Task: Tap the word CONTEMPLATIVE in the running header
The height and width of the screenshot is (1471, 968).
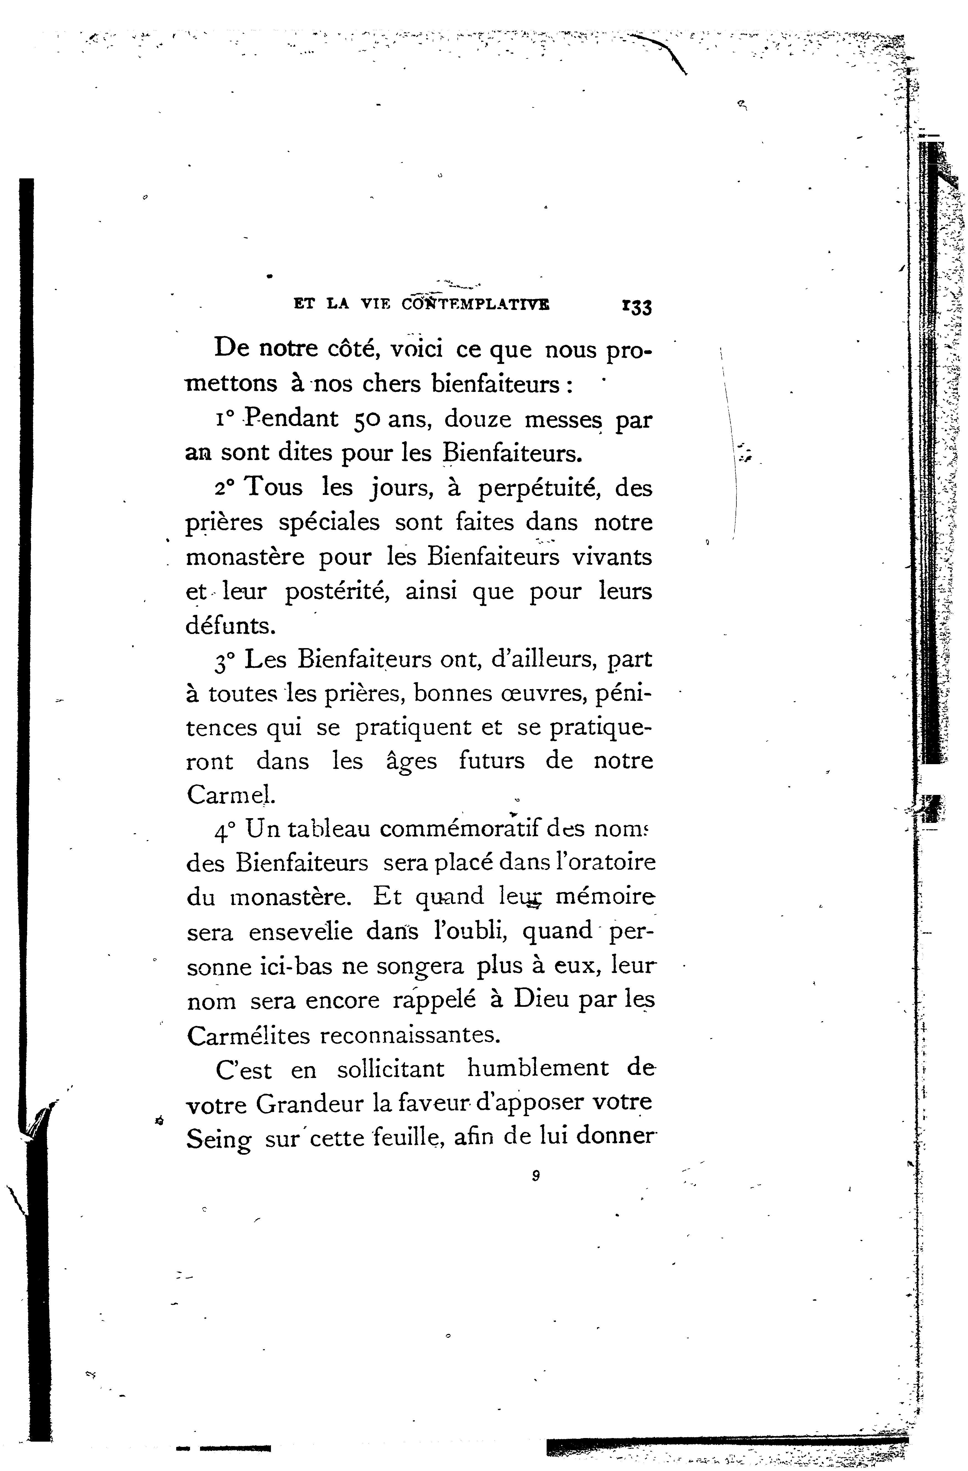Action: [475, 304]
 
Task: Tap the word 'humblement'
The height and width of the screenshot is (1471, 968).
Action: [538, 1069]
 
